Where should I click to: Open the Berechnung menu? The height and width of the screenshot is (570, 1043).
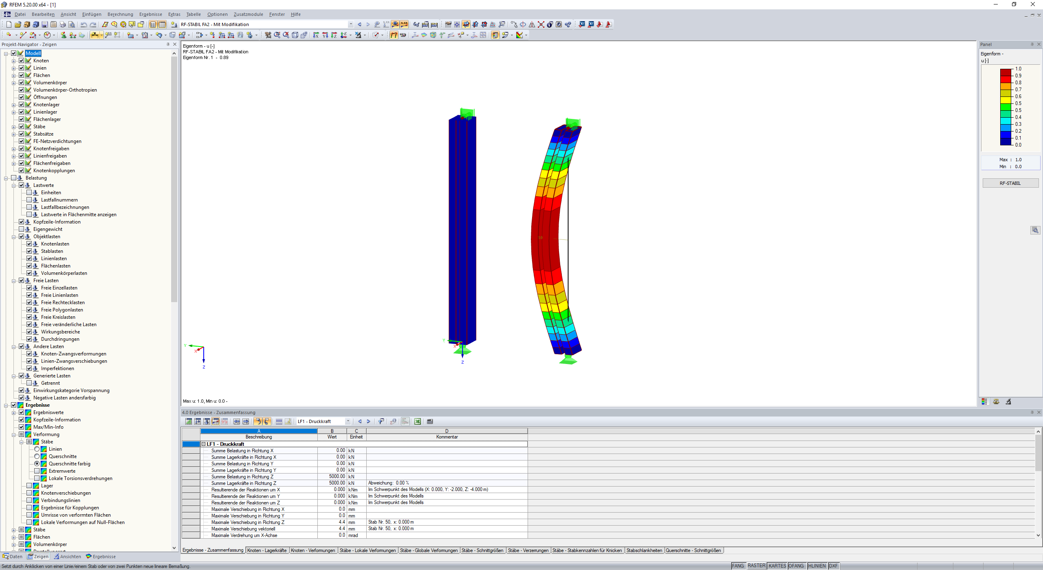tap(120, 14)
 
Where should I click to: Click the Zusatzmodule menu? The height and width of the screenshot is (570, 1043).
tap(248, 14)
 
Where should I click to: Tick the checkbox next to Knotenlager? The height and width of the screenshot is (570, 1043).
tap(22, 105)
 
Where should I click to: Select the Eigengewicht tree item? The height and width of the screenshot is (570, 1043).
tap(48, 229)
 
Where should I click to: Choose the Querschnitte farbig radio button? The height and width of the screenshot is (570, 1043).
tap(37, 464)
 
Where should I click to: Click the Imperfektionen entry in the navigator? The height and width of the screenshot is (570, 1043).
tap(57, 368)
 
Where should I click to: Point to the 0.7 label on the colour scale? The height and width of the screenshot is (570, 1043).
tap(1018, 90)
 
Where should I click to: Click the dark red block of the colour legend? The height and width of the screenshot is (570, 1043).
tap(1006, 72)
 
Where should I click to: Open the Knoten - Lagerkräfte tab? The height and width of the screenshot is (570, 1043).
tap(267, 550)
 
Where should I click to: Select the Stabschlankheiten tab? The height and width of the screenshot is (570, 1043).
tap(644, 550)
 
